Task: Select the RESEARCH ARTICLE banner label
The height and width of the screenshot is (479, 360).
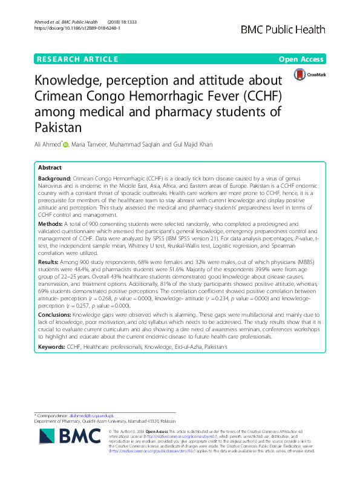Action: tap(77, 59)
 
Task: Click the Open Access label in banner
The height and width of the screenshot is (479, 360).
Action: tap(302, 59)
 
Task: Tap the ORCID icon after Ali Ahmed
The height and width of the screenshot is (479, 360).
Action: tap(66, 144)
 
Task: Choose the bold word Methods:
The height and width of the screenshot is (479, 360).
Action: tap(50, 223)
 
